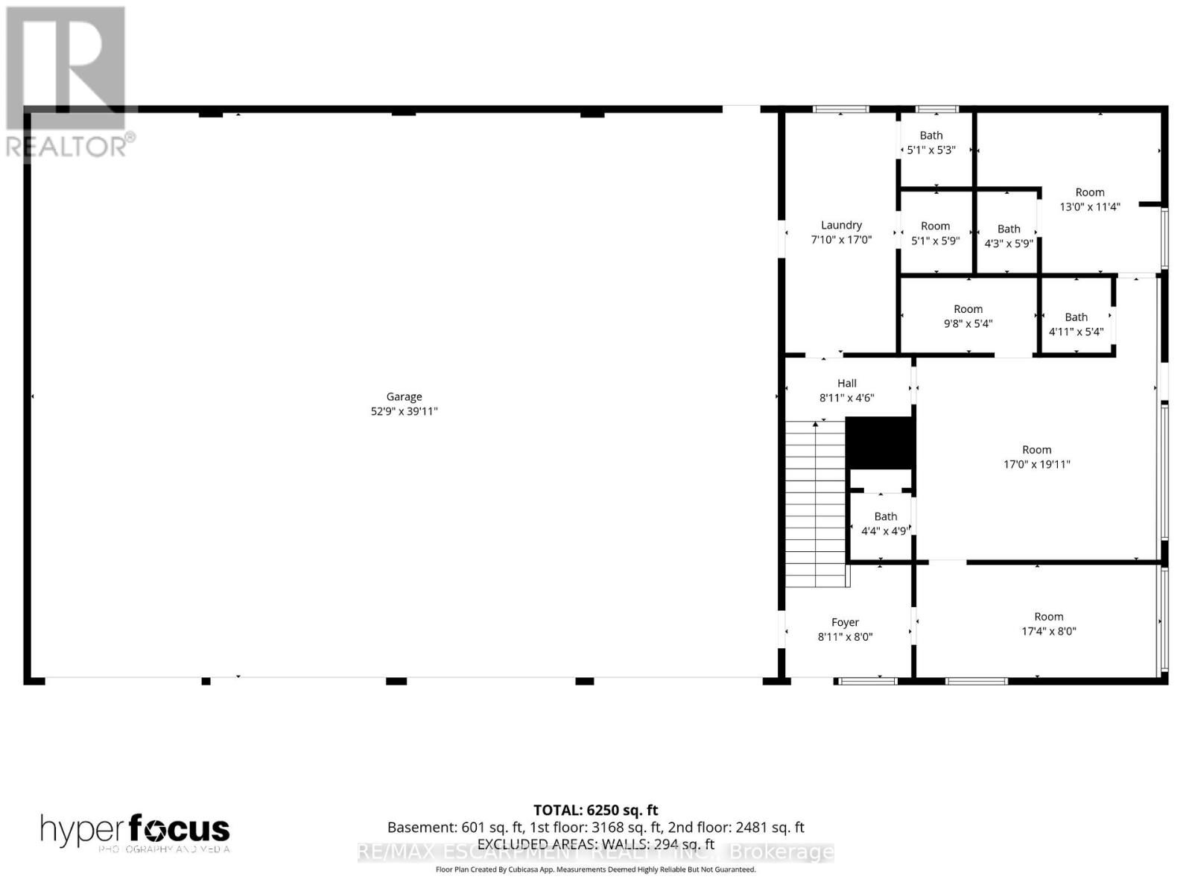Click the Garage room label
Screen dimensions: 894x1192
click(x=404, y=397)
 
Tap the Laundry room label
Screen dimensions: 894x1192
click(x=841, y=225)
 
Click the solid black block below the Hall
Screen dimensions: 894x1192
click(x=880, y=443)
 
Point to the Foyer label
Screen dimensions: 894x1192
click(x=845, y=622)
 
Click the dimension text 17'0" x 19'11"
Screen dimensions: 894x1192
click(x=1036, y=464)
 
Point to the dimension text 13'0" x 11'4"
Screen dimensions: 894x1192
click(x=1089, y=206)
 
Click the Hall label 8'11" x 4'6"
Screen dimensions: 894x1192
click(x=846, y=390)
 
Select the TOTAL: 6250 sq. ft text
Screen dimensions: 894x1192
click(x=595, y=810)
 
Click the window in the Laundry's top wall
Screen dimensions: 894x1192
click(x=840, y=110)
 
